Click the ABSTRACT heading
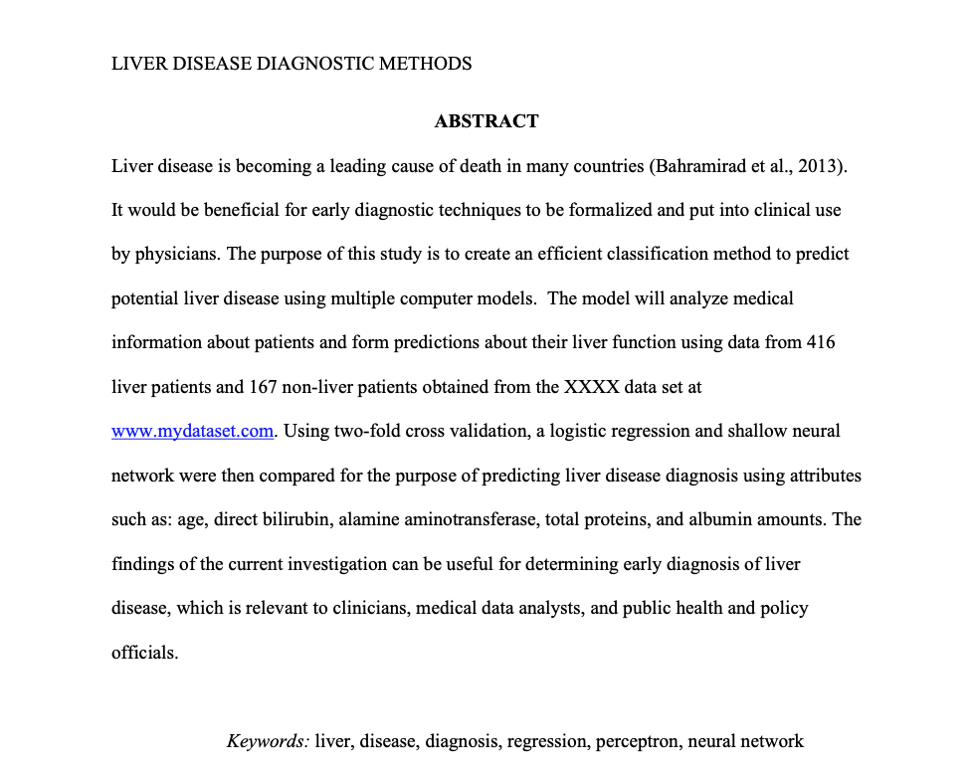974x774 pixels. tap(487, 121)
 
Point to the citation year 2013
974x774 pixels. tap(821, 166)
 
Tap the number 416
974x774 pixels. tap(821, 342)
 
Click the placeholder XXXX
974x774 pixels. tap(591, 387)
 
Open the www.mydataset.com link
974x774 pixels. tap(192, 431)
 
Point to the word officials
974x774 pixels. tap(143, 653)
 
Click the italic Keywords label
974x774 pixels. tap(268, 741)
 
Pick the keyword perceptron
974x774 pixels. tap(638, 741)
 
